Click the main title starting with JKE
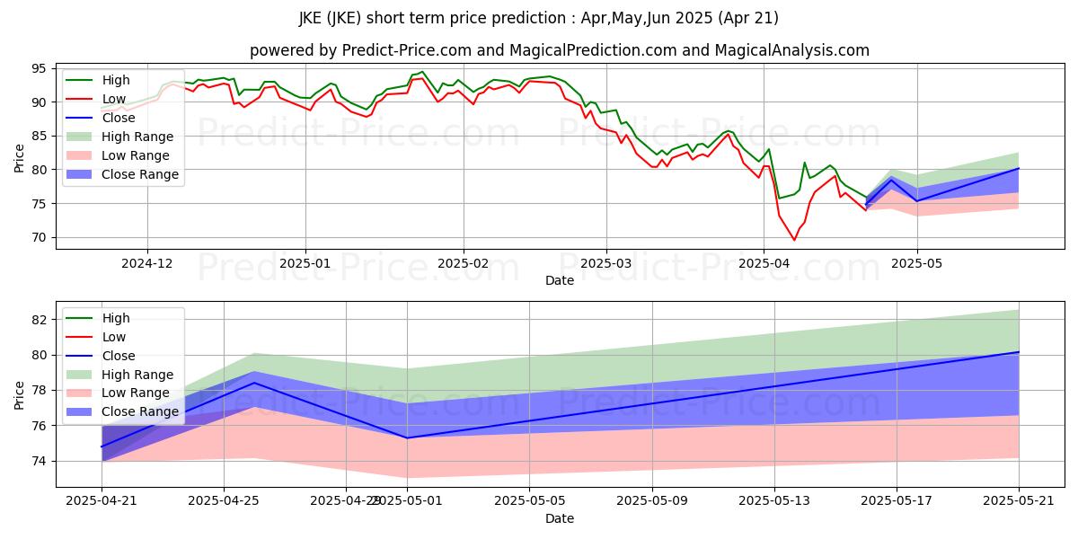coord(539,18)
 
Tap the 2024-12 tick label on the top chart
coord(147,263)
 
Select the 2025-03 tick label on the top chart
coord(605,263)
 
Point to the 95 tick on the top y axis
coord(40,68)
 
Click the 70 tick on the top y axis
coord(40,238)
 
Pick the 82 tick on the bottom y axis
coord(40,320)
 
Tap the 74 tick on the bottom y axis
coord(40,461)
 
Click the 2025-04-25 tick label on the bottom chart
coord(224,500)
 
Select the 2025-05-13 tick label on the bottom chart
coord(774,500)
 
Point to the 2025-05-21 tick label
coord(1019,500)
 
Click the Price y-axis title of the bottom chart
coord(20,393)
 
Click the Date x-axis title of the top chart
coord(559,280)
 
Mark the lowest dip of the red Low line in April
coord(794,240)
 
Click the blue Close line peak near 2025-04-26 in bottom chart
coord(254,383)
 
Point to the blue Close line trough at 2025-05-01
coord(407,437)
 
